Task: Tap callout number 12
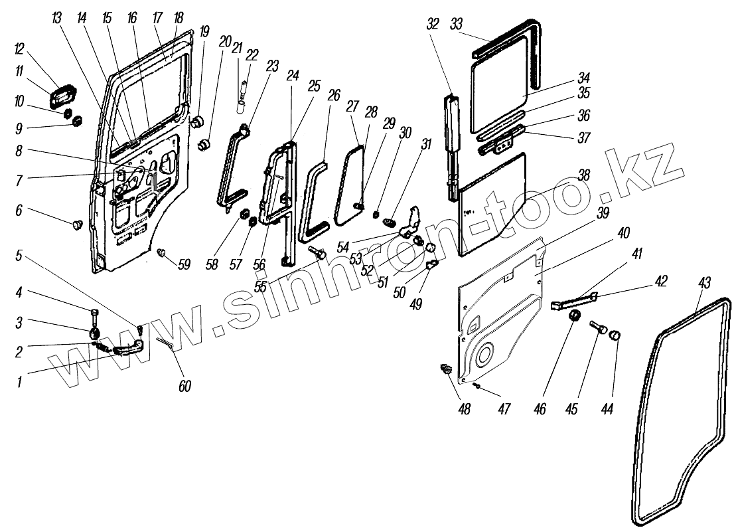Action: (x=38, y=50)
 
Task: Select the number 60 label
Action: (x=184, y=386)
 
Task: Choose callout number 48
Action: (x=463, y=409)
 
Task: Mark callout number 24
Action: (x=292, y=76)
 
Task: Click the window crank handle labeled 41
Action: (x=571, y=301)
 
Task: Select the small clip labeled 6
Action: (x=75, y=226)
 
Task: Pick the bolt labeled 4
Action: (x=94, y=313)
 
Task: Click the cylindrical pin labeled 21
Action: (x=241, y=105)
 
